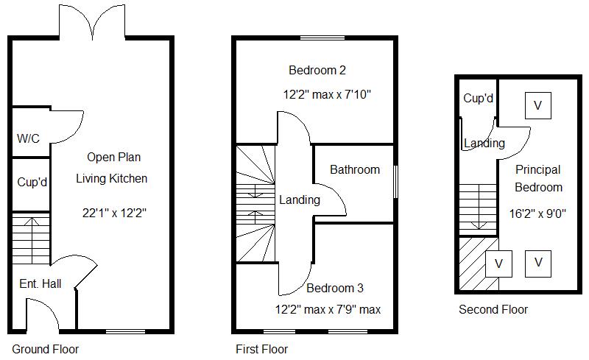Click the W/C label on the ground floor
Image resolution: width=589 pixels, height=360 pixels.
pyautogui.click(x=29, y=138)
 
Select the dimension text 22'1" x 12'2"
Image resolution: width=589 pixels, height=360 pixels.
pyautogui.click(x=114, y=213)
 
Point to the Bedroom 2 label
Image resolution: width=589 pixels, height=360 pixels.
pyautogui.click(x=317, y=71)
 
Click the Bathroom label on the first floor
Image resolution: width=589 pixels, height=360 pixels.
pyautogui.click(x=355, y=169)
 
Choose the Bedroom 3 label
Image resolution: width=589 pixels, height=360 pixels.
pyautogui.click(x=335, y=288)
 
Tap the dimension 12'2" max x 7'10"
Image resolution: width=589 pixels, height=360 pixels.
pyautogui.click(x=331, y=95)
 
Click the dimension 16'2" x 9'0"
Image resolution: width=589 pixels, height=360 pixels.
pyautogui.click(x=538, y=213)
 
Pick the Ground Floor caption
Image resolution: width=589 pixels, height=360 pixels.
pyautogui.click(x=45, y=349)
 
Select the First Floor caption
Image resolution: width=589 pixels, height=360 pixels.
pyautogui.click(x=261, y=349)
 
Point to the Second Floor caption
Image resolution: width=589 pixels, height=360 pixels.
pyautogui.click(x=493, y=309)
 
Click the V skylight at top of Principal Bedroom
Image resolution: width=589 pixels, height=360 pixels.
pyautogui.click(x=537, y=105)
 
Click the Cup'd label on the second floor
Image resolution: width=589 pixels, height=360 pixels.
pyautogui.click(x=478, y=98)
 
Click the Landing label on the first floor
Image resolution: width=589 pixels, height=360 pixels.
pyautogui.click(x=300, y=200)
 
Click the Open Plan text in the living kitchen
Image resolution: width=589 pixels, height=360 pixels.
pyautogui.click(x=113, y=157)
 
